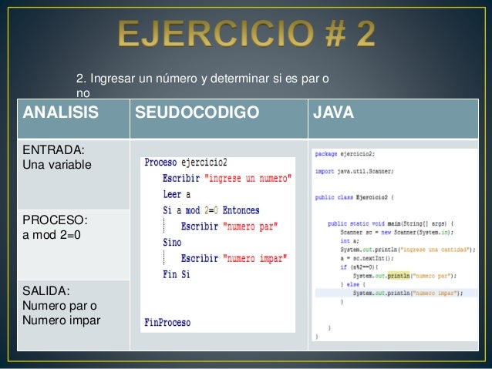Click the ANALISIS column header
(x=62, y=114)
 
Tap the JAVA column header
(x=333, y=114)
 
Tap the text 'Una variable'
(x=57, y=164)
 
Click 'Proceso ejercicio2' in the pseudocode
(x=185, y=163)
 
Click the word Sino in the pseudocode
(x=172, y=242)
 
